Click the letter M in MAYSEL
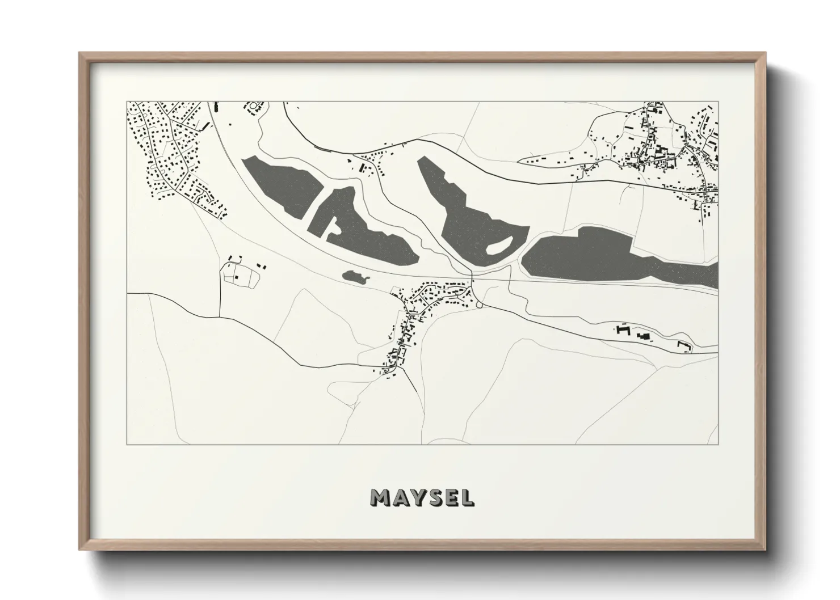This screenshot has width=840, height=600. [380, 497]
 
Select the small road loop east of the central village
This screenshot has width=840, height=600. [480, 305]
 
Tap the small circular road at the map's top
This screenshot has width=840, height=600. [253, 106]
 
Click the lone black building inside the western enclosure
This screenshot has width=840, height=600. [237, 277]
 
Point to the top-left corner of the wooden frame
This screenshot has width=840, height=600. [80, 53]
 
